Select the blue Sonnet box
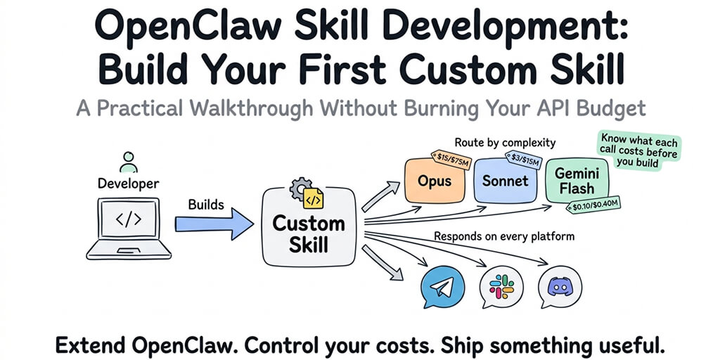506,181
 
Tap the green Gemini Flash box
574,181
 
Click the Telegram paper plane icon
442,288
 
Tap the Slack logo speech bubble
501,288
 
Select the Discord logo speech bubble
560,288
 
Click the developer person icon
127,161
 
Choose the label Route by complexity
505,143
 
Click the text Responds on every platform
504,236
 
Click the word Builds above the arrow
206,205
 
